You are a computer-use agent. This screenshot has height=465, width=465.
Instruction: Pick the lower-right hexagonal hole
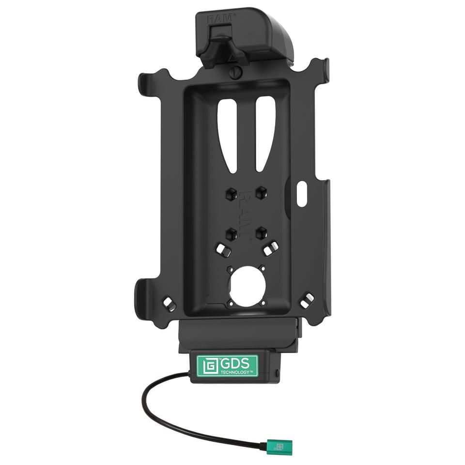(263, 232)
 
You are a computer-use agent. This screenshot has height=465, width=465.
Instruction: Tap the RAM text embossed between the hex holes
(246, 213)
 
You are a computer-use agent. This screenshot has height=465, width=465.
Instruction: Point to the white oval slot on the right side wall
(301, 194)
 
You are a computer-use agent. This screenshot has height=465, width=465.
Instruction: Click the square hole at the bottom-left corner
(167, 303)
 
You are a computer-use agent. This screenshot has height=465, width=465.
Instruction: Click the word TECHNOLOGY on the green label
(235, 372)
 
